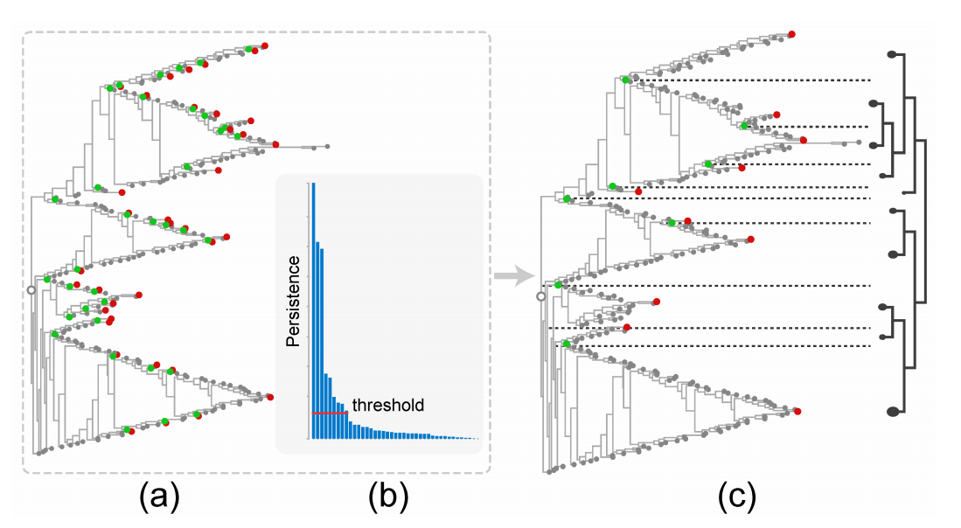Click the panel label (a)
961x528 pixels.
(x=159, y=497)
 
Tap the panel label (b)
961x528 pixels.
(x=388, y=497)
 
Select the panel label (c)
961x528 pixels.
(x=736, y=497)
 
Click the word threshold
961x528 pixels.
(x=388, y=405)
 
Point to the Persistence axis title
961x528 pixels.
(x=294, y=301)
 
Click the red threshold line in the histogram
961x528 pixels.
(x=331, y=413)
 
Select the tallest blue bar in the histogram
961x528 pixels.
(x=314, y=310)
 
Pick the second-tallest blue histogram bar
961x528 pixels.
(x=317, y=341)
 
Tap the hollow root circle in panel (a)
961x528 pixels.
(x=31, y=289)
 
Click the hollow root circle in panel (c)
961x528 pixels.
(x=540, y=296)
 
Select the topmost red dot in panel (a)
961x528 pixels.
(x=265, y=45)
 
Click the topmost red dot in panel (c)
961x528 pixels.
(x=792, y=34)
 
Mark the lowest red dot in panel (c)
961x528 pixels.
(x=797, y=412)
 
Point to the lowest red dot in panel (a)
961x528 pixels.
(x=132, y=431)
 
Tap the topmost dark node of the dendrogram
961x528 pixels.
(x=892, y=54)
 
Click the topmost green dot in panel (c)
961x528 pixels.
(x=625, y=80)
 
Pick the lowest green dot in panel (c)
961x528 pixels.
(x=567, y=344)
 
